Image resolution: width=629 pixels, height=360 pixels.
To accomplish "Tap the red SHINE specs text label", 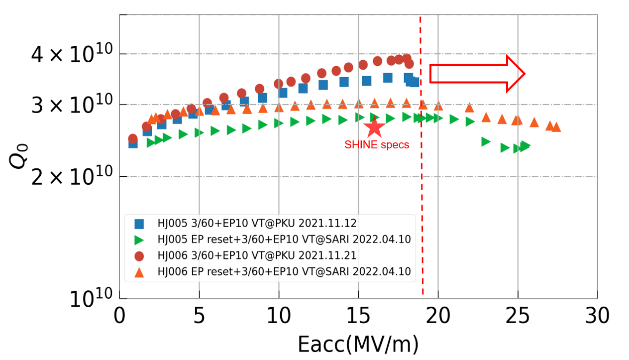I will coord(377,145).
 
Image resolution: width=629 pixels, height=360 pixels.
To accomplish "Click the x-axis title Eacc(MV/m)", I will coord(358,344).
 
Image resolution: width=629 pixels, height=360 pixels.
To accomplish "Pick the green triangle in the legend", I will coord(139,240).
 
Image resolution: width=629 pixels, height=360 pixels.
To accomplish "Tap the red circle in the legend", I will coord(139,256).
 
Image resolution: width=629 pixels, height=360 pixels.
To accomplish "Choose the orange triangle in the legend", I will coord(139,272).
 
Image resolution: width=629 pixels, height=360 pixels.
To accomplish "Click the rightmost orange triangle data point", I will coord(556,127).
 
